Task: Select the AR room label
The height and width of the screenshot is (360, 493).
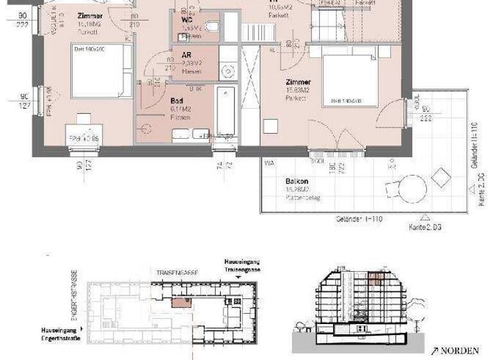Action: point(186,55)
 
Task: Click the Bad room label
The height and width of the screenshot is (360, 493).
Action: point(177,101)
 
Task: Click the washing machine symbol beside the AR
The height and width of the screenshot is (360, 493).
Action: point(227,71)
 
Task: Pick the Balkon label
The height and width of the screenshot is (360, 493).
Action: point(295,181)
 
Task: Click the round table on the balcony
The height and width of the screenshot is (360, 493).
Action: point(413,189)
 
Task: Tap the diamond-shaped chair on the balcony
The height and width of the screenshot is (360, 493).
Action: point(441,176)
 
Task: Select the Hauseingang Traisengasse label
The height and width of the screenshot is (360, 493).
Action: point(243,266)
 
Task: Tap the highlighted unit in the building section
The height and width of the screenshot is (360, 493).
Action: point(376,278)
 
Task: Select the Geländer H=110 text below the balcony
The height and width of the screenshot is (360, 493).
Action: point(358,219)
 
